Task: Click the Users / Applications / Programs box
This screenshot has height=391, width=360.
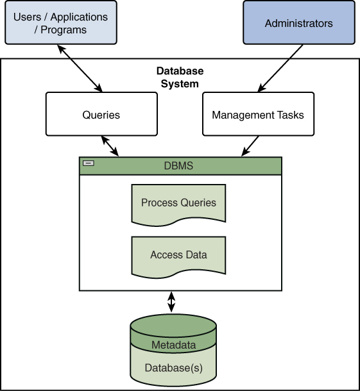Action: point(60,22)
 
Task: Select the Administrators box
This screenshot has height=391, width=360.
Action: point(298,23)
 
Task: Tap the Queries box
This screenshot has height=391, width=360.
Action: point(101,115)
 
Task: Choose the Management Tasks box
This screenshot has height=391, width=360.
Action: point(258,115)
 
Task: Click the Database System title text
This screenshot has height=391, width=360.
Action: point(180,77)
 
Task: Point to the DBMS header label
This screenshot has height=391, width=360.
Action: point(178,166)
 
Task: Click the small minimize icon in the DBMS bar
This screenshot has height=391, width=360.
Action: point(89,163)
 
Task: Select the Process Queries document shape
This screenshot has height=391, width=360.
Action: point(178,203)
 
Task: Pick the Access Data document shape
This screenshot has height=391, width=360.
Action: point(178,255)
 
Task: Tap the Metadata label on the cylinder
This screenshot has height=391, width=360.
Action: point(173,345)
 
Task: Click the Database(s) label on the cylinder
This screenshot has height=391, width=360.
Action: point(173,368)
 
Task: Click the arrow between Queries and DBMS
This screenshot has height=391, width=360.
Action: point(110,146)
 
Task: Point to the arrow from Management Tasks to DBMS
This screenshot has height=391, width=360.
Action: point(250,146)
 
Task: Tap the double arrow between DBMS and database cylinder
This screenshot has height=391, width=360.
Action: point(171,301)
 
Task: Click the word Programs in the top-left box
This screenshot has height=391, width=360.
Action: point(64,29)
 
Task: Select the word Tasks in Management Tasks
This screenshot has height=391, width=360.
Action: point(290,115)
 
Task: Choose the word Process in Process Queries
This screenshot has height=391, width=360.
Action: point(159,203)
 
